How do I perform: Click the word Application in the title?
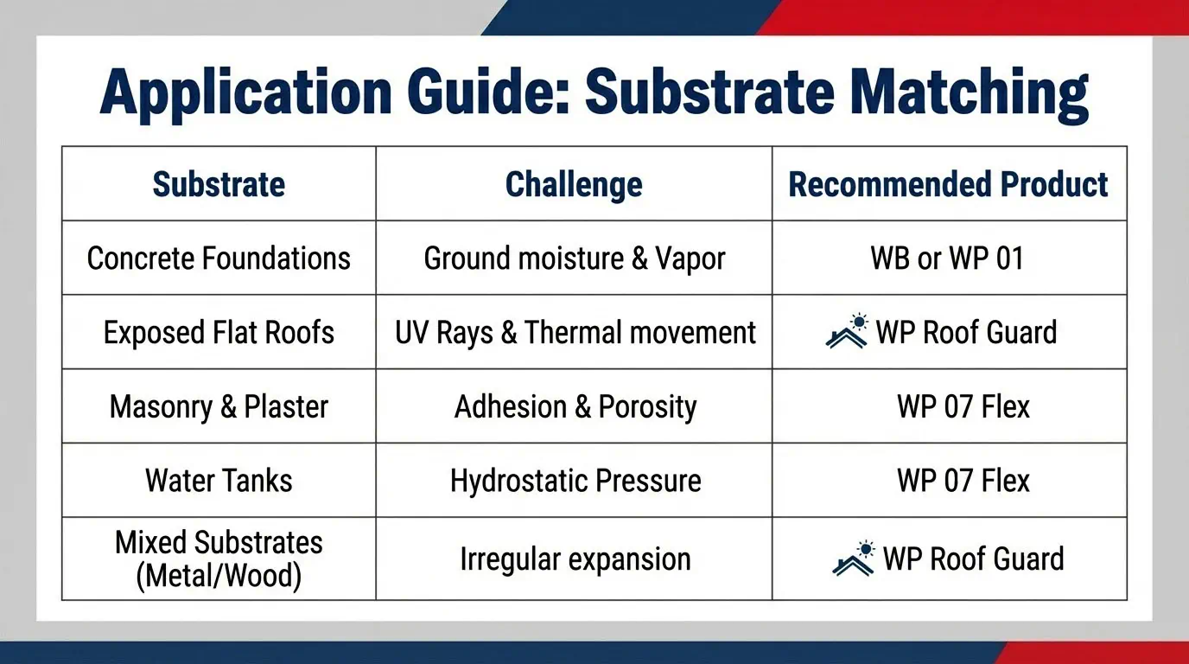(x=245, y=93)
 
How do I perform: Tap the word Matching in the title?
(x=970, y=93)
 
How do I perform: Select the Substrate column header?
(x=219, y=184)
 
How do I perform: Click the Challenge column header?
(x=574, y=185)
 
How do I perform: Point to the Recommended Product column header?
(x=948, y=184)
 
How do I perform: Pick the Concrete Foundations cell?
(x=219, y=259)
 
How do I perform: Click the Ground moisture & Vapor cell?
(x=575, y=259)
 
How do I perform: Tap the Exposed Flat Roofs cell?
(x=219, y=333)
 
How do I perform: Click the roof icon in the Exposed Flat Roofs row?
(x=847, y=331)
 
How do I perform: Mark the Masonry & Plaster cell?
(x=219, y=407)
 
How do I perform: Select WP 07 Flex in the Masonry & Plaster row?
(x=963, y=407)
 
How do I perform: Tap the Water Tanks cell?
(x=219, y=481)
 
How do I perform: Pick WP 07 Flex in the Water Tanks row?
(x=963, y=481)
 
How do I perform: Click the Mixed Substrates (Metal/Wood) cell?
(x=219, y=559)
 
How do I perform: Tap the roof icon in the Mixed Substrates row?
(x=854, y=559)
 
